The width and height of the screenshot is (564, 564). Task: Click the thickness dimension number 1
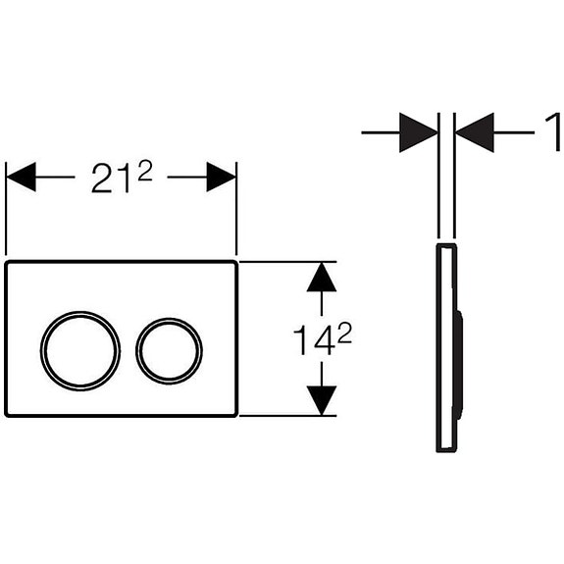click(x=555, y=131)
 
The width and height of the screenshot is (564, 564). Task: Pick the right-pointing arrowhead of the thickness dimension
click(x=419, y=132)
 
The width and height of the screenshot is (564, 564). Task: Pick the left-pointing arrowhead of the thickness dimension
click(x=476, y=132)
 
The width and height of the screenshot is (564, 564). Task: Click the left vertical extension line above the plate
click(x=7, y=211)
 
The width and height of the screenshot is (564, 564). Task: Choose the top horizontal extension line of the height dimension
click(x=289, y=261)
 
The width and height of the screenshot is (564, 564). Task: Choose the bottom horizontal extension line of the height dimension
click(x=289, y=416)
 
